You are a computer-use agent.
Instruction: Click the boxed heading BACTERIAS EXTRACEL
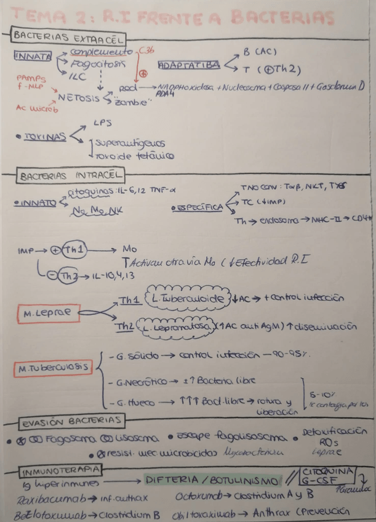(68, 38)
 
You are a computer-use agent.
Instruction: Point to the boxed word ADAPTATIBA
(188, 64)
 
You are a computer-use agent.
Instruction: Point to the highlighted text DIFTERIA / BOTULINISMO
(210, 480)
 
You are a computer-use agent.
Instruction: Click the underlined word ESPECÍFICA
(197, 208)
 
